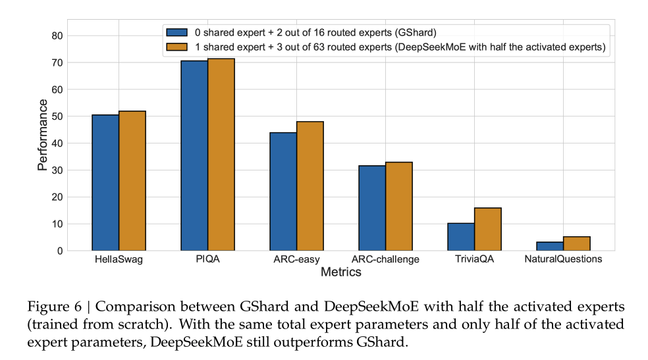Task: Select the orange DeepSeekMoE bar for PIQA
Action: coord(221,155)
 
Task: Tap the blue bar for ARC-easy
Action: coord(283,192)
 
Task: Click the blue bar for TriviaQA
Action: coord(461,237)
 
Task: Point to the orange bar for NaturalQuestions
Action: coord(576,244)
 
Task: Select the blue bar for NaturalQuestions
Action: coord(550,246)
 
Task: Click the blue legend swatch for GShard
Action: coord(177,32)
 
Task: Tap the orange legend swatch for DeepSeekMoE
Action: coord(177,47)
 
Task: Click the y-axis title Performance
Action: coord(42,135)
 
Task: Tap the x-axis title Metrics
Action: coord(340,271)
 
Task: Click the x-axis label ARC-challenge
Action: coord(385,259)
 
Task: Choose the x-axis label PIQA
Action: coord(207,259)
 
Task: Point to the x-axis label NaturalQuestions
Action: coord(563,259)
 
